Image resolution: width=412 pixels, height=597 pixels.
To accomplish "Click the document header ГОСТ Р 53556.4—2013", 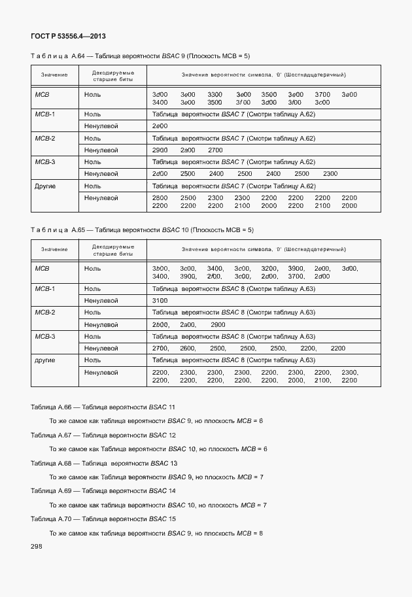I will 68,35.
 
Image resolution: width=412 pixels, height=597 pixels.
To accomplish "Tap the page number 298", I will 37,546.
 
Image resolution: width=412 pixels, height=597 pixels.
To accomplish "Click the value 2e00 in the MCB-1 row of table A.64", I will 160,126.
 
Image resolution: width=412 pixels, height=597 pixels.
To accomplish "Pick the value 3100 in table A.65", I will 160,300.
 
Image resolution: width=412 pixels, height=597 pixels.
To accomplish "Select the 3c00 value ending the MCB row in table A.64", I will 321,103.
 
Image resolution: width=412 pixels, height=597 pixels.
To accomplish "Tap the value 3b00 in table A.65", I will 160,269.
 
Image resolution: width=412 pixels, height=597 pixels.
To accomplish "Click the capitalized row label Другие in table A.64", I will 45,186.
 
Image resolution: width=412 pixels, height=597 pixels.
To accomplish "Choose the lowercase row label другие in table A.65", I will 45,360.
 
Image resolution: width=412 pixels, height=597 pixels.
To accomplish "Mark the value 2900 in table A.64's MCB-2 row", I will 160,150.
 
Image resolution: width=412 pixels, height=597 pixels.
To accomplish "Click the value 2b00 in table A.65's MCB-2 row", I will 160,324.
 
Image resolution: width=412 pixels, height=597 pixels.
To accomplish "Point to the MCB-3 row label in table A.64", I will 44,162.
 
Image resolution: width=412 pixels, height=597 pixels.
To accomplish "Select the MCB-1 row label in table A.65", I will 44,288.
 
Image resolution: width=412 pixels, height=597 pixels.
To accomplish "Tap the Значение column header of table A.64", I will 54,75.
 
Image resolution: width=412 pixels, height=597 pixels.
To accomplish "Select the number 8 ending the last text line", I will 260,533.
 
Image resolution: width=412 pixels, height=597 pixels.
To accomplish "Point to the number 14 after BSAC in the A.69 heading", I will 172,490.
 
